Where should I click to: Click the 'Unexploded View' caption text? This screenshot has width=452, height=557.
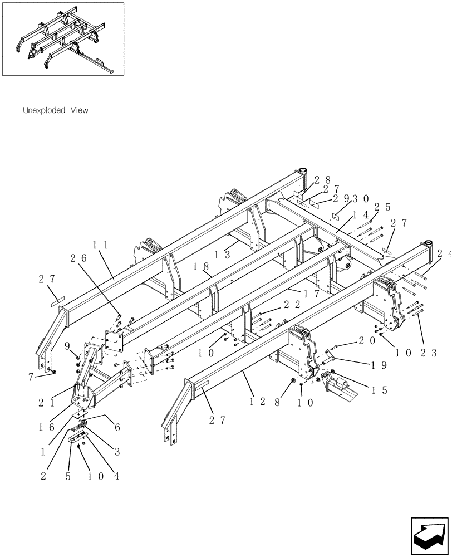pos(55,111)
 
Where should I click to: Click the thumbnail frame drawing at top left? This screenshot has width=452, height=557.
pos(63,39)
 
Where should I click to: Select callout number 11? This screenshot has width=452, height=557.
pos(100,245)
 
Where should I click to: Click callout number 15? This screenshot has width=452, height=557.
pos(380,390)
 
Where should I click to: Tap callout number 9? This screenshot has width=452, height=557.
pos(67,346)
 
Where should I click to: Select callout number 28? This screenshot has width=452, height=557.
pos(323,180)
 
